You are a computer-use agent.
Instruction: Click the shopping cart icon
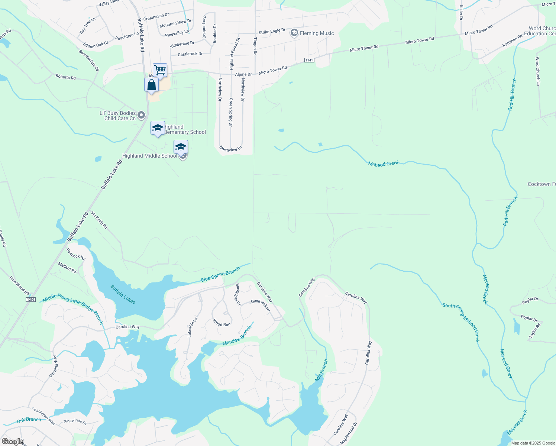[x=160, y=70]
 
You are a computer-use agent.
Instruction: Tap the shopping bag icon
[x=151, y=85]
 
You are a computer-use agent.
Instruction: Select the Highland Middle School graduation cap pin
[x=181, y=147]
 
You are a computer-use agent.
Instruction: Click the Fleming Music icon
[x=294, y=33]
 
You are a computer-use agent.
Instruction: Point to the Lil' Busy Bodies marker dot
[x=141, y=116]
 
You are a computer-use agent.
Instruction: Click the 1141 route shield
[x=309, y=60]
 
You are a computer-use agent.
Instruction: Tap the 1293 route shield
[x=30, y=299]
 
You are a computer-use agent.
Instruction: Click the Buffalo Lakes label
[x=123, y=294]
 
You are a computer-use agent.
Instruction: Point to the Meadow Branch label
[x=237, y=335]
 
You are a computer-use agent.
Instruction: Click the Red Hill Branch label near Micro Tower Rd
[x=512, y=94]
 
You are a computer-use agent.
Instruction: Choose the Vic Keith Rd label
[x=99, y=220]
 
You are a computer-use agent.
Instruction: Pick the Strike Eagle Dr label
[x=272, y=31]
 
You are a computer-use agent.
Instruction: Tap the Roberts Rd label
[x=65, y=77]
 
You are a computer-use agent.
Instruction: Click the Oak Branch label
[x=29, y=420]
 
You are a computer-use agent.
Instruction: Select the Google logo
[x=13, y=442]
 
